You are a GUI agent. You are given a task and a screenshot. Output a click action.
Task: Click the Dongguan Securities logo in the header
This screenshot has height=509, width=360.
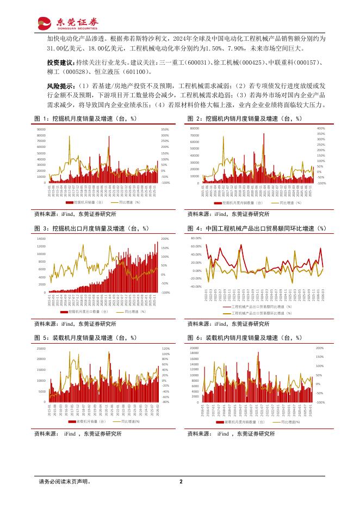(x=67, y=22)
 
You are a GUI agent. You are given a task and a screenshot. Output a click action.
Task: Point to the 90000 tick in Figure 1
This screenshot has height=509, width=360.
(x=41, y=129)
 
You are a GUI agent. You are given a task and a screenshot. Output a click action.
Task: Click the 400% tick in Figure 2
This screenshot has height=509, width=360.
(x=321, y=128)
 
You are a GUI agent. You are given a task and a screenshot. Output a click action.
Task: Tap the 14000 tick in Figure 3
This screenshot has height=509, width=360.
(x=42, y=238)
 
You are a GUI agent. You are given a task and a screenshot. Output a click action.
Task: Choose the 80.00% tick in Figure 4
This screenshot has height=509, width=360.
(x=196, y=238)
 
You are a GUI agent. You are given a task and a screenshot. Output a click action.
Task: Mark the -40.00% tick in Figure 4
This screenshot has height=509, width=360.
(x=195, y=286)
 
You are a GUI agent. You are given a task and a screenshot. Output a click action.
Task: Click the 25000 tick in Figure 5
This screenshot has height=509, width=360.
(x=41, y=348)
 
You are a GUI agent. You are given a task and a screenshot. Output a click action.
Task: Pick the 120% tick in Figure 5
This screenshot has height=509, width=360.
(x=165, y=348)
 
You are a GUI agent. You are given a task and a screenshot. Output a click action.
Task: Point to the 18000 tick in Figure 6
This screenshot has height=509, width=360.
(x=195, y=353)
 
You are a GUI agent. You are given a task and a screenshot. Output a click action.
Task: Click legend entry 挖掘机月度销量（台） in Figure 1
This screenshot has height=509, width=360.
(x=90, y=202)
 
